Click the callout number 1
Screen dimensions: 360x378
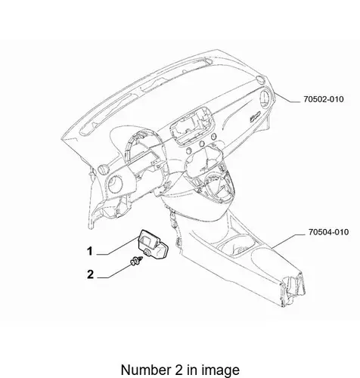90,251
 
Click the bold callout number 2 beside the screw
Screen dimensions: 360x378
90,274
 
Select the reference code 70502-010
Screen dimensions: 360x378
324,99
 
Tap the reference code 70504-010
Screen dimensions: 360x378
329,232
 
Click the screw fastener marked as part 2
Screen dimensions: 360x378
137,261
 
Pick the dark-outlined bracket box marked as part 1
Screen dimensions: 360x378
154,244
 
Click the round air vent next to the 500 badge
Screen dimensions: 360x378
265,98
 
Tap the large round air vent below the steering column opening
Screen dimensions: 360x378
116,184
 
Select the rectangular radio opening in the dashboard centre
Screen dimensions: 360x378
194,125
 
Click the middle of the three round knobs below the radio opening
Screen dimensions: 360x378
202,144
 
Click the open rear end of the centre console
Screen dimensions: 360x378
293,290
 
